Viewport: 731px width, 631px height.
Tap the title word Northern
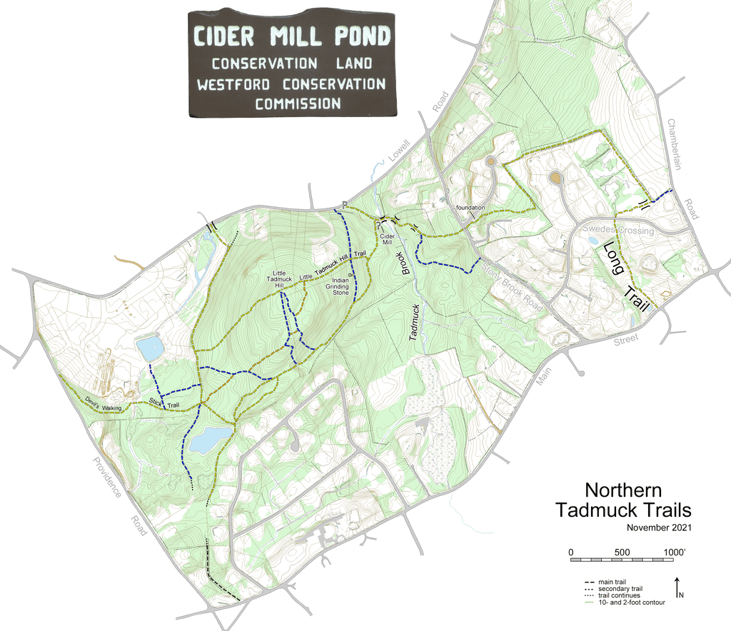click(x=623, y=491)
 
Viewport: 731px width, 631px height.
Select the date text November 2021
click(x=659, y=527)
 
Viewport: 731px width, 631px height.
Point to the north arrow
click(x=675, y=587)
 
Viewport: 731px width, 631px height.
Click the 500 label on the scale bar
click(x=622, y=552)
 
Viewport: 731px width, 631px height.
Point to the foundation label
click(x=471, y=208)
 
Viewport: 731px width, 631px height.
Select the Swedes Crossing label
click(x=617, y=231)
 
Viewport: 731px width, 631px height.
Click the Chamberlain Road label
click(x=681, y=168)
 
